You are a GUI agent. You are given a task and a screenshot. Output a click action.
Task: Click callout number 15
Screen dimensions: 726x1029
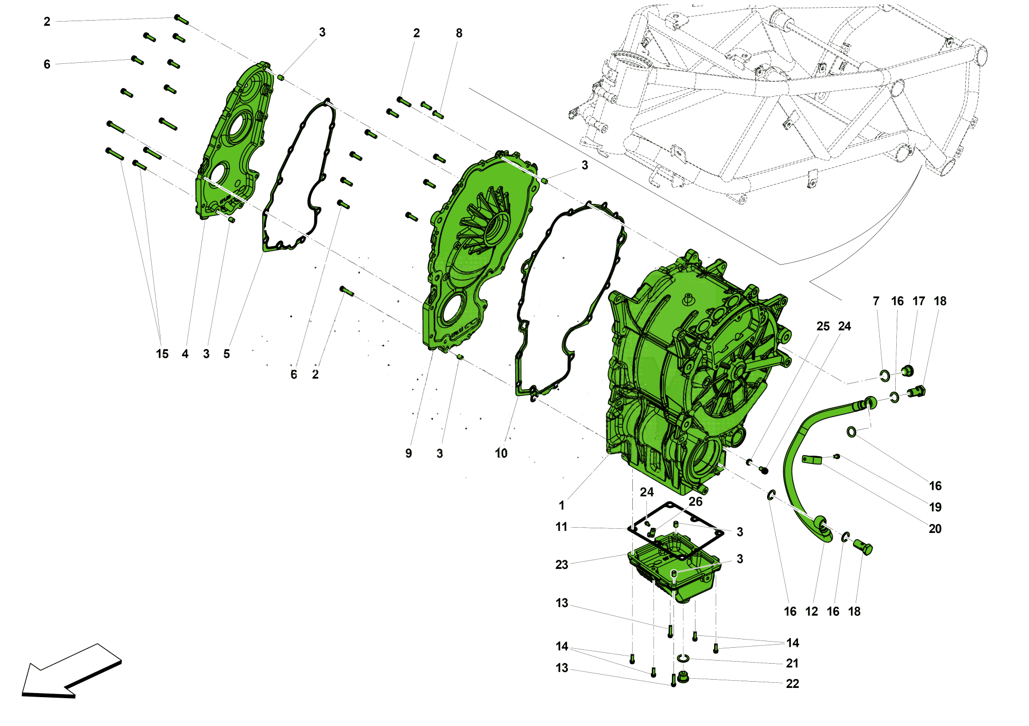(162, 354)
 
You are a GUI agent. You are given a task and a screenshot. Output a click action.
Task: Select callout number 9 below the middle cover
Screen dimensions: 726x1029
(409, 454)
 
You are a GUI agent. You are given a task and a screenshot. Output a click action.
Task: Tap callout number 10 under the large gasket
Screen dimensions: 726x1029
(501, 454)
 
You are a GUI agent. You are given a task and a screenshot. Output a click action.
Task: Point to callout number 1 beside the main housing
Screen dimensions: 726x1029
(562, 506)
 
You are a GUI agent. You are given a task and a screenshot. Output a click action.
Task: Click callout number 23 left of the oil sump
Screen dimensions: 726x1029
(562, 565)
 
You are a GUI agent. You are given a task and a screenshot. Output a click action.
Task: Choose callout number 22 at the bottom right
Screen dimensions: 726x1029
(792, 684)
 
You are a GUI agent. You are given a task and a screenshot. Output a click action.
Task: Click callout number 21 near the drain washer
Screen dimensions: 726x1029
(792, 664)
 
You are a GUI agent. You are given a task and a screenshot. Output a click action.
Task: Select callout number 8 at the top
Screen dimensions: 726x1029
(459, 33)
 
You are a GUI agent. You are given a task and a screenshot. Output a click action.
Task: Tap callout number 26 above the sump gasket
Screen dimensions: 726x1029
(696, 502)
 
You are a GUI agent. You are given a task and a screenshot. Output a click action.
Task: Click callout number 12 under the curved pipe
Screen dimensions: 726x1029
(812, 612)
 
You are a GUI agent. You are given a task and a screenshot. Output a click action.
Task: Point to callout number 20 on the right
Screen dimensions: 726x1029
(935, 529)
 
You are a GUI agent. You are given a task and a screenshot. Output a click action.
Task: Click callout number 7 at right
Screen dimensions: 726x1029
(876, 301)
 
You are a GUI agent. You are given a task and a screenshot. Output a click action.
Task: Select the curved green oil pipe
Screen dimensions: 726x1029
(795, 463)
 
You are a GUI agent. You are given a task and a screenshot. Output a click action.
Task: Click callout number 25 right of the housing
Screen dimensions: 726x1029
(823, 326)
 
